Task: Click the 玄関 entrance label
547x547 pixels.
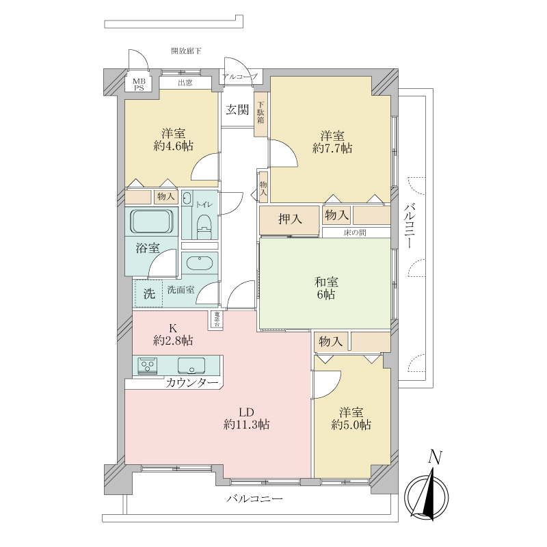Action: pyautogui.click(x=237, y=110)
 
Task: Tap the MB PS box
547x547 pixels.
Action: pyautogui.click(x=139, y=84)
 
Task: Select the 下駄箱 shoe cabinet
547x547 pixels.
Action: pyautogui.click(x=261, y=114)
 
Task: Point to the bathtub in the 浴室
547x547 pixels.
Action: pyautogui.click(x=151, y=222)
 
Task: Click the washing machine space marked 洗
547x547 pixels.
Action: pyautogui.click(x=149, y=294)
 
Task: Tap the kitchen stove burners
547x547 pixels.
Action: pyautogui.click(x=148, y=366)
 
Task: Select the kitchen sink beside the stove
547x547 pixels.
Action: pyautogui.click(x=191, y=366)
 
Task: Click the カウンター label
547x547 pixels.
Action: pyautogui.click(x=192, y=383)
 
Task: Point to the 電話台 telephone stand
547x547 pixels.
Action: pyautogui.click(x=217, y=319)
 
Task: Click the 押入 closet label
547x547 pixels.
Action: pyautogui.click(x=290, y=219)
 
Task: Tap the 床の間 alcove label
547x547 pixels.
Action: pyautogui.click(x=355, y=232)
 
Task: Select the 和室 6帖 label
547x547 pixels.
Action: pyautogui.click(x=326, y=288)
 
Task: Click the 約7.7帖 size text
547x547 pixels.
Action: pyautogui.click(x=332, y=148)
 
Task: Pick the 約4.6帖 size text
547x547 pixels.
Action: pyautogui.click(x=174, y=146)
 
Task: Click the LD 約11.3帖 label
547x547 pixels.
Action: pyautogui.click(x=246, y=418)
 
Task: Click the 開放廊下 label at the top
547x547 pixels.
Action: pyautogui.click(x=186, y=51)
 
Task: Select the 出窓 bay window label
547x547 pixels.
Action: pyautogui.click(x=185, y=83)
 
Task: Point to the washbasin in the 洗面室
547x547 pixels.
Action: pyautogui.click(x=199, y=263)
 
